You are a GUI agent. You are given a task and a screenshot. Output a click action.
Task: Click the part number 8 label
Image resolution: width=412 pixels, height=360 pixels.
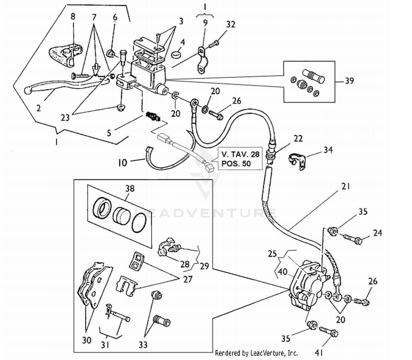[x=73, y=16]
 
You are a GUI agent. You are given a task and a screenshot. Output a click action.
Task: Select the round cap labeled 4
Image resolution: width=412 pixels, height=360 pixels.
[x=176, y=54]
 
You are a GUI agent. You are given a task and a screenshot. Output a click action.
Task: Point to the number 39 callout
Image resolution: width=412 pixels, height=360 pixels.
[x=349, y=81]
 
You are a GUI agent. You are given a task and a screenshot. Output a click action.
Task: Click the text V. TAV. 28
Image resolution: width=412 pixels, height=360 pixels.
[x=240, y=154]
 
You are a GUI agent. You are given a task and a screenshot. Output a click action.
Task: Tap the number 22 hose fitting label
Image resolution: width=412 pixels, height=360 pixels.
[x=298, y=139]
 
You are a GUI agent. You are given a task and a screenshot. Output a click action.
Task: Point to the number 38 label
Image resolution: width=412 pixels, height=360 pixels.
[x=130, y=189]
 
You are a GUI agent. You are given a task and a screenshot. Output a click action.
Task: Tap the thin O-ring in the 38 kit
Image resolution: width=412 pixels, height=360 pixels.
[x=139, y=223]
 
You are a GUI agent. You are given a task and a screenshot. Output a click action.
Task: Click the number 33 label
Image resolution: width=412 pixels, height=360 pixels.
[x=143, y=344]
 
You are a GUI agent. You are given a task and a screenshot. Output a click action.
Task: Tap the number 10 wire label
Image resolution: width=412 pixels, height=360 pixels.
[x=123, y=163]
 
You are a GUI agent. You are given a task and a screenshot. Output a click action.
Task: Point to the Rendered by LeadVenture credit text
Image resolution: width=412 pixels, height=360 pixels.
[x=256, y=353]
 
